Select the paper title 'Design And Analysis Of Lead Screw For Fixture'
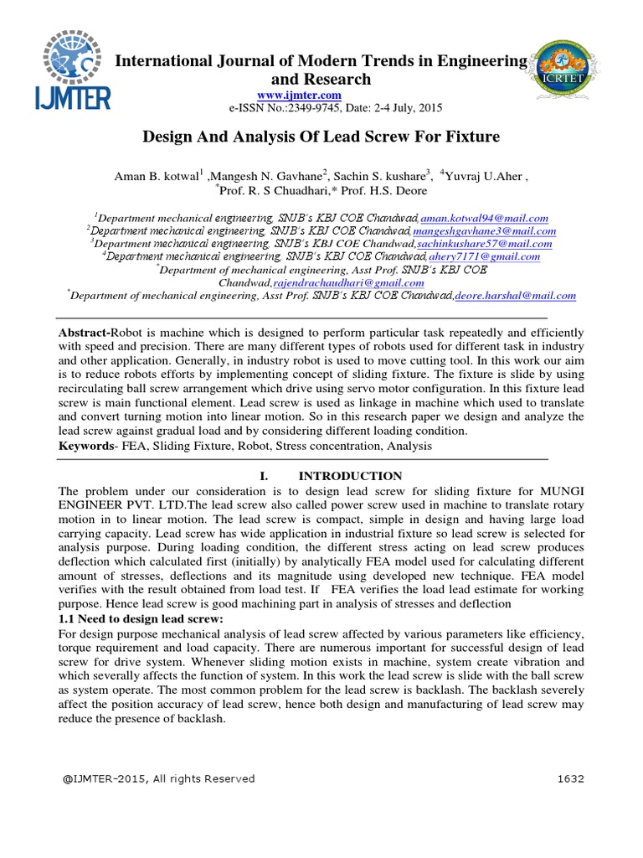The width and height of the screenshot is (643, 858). coord(321,136)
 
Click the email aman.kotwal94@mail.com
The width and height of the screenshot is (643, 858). coord(484,217)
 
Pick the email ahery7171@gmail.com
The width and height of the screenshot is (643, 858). coord(485,256)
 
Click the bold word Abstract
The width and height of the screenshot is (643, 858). coord(85,333)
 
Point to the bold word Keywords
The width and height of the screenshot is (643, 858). coord(85,447)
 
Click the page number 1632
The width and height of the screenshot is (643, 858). coord(570,778)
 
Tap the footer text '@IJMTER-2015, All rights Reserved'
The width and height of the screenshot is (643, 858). coord(158,778)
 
